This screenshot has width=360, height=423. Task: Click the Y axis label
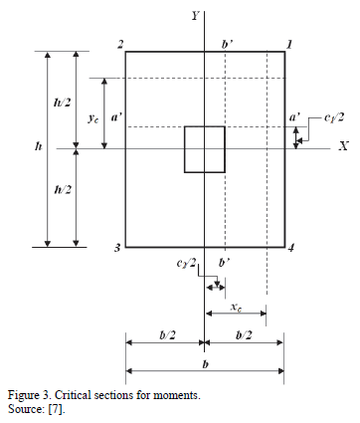coord(195,15)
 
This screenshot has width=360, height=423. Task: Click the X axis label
coord(343,146)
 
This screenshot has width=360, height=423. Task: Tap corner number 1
coord(289,44)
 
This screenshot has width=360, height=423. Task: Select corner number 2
coord(120,44)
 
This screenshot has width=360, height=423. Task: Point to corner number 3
coord(117,248)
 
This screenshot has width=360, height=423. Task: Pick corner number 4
coord(290,248)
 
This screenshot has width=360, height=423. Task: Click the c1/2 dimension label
coord(334,117)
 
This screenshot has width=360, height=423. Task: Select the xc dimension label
coord(236,308)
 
